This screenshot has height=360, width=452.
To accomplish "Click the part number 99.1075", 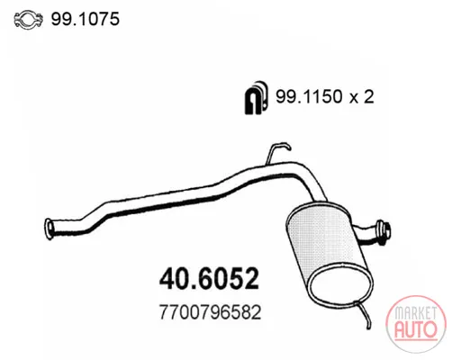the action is click(x=86, y=19).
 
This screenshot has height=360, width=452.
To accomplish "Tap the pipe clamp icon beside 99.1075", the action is click(x=29, y=20).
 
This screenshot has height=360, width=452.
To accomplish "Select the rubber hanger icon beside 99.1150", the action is click(x=255, y=97).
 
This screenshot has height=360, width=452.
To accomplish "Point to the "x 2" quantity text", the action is click(x=361, y=97).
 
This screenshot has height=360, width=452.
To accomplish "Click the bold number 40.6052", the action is click(x=209, y=278).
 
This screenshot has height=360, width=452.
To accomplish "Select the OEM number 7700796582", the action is click(x=210, y=312).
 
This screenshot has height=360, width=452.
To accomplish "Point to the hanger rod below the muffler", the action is click(x=365, y=314).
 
